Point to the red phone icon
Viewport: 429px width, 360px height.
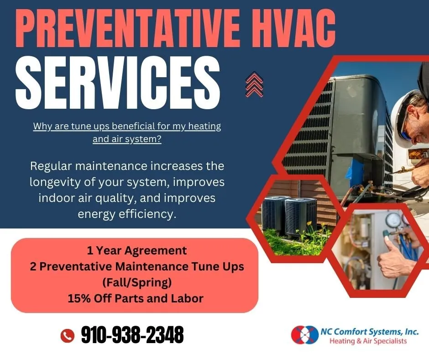click(x=67, y=336)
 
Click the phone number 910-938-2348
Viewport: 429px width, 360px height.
click(x=132, y=335)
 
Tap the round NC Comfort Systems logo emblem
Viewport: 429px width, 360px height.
click(x=304, y=334)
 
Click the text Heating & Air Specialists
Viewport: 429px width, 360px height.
click(x=368, y=341)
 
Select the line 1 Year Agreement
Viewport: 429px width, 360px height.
click(x=137, y=250)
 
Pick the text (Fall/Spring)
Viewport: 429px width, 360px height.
click(x=137, y=283)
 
